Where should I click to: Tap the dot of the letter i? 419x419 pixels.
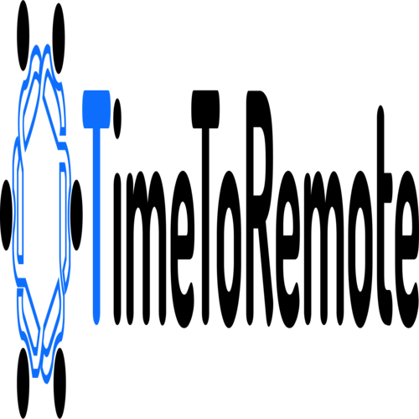(117, 118)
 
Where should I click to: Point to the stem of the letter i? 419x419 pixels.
(117, 249)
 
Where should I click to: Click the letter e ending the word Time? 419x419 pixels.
(183, 250)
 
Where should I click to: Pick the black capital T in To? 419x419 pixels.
(205, 208)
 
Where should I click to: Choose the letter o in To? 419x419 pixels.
(230, 250)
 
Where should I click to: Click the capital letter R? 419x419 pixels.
(261, 208)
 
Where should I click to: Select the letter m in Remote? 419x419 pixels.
(324, 248)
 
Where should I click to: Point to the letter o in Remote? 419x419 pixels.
(361, 250)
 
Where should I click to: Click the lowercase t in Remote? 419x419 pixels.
(385, 215)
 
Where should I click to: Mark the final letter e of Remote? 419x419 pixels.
(406, 250)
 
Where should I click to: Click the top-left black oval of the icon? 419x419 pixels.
(23, 36)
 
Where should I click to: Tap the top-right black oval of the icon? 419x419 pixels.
(59, 39)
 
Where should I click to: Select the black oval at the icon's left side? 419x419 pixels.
(6, 215)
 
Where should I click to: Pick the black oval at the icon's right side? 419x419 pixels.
(76, 215)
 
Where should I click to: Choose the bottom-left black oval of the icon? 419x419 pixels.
(23, 383)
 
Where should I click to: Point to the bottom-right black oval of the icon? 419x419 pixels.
(59, 383)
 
